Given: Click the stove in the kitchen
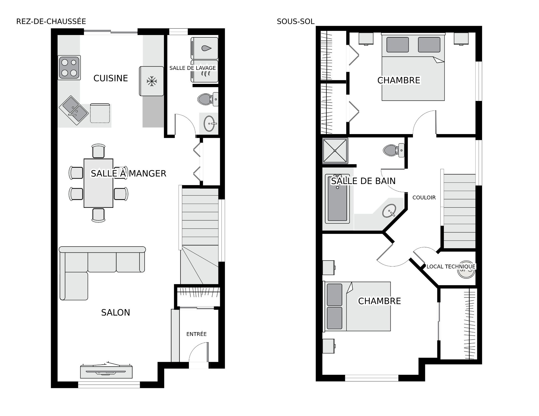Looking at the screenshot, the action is (69, 68).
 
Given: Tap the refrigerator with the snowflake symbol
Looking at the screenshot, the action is (152, 81).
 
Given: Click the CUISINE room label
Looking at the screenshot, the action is (111, 78).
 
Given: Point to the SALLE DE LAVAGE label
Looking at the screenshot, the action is (193, 68).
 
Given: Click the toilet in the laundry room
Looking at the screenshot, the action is (208, 99).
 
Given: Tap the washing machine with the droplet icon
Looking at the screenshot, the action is (204, 48).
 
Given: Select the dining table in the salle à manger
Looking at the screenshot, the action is (99, 183).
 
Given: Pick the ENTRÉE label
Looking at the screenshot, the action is (197, 334).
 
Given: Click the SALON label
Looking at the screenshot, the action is (116, 312).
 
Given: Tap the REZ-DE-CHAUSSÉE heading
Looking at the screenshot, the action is (51, 21).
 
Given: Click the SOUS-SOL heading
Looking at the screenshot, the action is (296, 21).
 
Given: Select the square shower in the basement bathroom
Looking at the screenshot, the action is (335, 151).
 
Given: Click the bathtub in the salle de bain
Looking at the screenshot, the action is (337, 199).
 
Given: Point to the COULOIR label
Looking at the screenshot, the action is (424, 197).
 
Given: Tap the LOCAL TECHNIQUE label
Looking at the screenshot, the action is (451, 266).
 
